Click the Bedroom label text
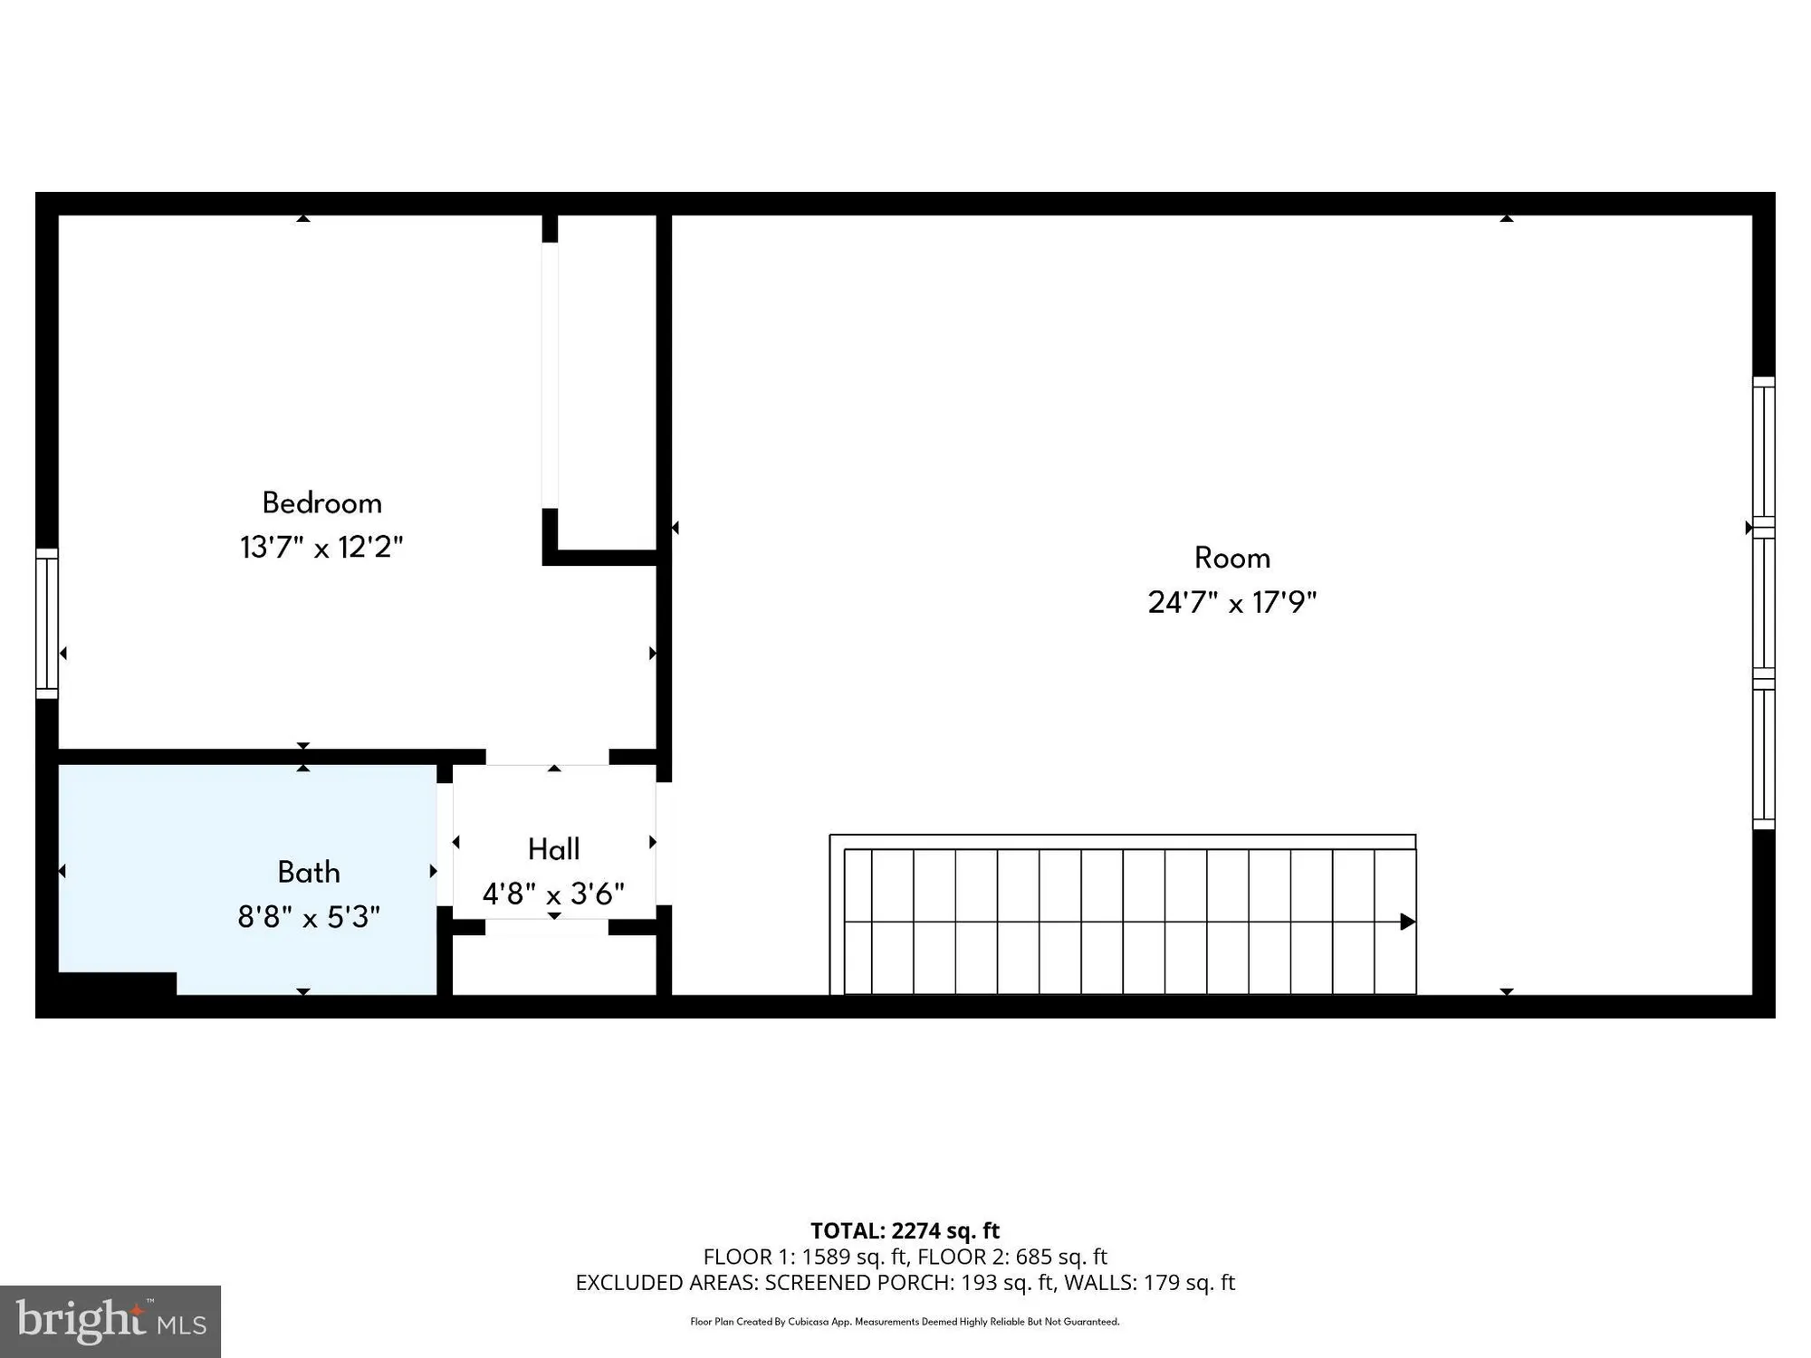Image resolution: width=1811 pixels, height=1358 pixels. (321, 503)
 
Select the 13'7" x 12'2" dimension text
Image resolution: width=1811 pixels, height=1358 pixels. (321, 548)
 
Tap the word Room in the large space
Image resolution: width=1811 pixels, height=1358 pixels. (1231, 558)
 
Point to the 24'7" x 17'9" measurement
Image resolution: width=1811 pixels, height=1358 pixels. (1231, 603)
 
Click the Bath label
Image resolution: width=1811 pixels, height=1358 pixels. (309, 873)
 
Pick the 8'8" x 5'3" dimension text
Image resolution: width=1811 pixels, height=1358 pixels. (309, 917)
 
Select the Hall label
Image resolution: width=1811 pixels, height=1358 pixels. (553, 849)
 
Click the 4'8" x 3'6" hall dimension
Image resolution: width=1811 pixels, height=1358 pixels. (553, 894)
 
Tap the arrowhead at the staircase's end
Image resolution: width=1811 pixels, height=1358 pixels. (1407, 922)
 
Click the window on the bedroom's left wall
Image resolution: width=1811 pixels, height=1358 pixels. (47, 624)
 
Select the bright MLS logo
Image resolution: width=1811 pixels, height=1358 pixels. (110, 1322)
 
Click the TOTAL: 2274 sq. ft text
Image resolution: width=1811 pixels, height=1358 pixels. (905, 1230)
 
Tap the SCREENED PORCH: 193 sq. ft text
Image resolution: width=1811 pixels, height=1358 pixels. (909, 1283)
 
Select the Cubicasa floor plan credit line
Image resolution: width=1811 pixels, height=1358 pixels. (905, 1322)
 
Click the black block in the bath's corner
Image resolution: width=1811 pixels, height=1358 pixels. (116, 984)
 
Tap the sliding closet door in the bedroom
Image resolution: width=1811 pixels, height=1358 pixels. (551, 376)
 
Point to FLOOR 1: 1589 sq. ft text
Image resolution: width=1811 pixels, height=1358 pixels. (806, 1257)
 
